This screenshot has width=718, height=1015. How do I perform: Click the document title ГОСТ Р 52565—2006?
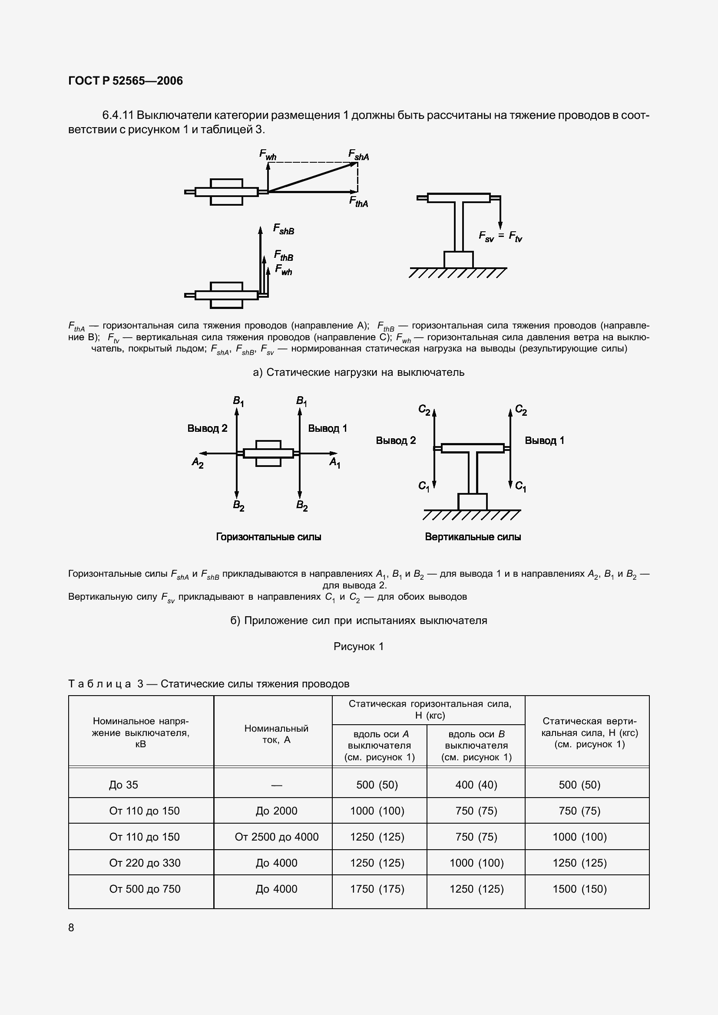click(x=126, y=81)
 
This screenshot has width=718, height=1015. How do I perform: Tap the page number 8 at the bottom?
click(x=72, y=927)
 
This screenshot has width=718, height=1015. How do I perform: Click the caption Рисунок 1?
click(x=358, y=646)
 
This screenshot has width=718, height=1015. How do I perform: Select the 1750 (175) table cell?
click(x=377, y=889)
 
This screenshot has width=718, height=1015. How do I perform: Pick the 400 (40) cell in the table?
click(x=476, y=785)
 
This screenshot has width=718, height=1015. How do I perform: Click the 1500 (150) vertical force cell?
click(x=579, y=889)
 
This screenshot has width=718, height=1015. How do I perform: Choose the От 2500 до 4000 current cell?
click(x=277, y=837)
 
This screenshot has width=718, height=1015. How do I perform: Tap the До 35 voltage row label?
click(x=123, y=785)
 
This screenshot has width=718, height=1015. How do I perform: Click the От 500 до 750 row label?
click(x=145, y=889)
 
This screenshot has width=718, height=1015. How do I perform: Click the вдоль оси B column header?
click(x=476, y=746)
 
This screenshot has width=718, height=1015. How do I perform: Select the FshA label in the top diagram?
click(x=358, y=155)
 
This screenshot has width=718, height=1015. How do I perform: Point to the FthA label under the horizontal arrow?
click(x=358, y=202)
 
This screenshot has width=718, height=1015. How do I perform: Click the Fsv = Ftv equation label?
click(x=500, y=237)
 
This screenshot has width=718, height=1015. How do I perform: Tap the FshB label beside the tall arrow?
click(x=284, y=229)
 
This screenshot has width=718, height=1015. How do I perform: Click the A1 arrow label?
click(x=335, y=463)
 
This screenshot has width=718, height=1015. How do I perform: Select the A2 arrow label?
click(x=197, y=463)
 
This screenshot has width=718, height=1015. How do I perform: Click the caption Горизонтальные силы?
click(x=268, y=537)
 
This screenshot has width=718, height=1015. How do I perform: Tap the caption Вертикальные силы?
click(x=473, y=537)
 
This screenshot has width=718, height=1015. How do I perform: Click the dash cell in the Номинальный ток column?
click(x=277, y=785)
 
